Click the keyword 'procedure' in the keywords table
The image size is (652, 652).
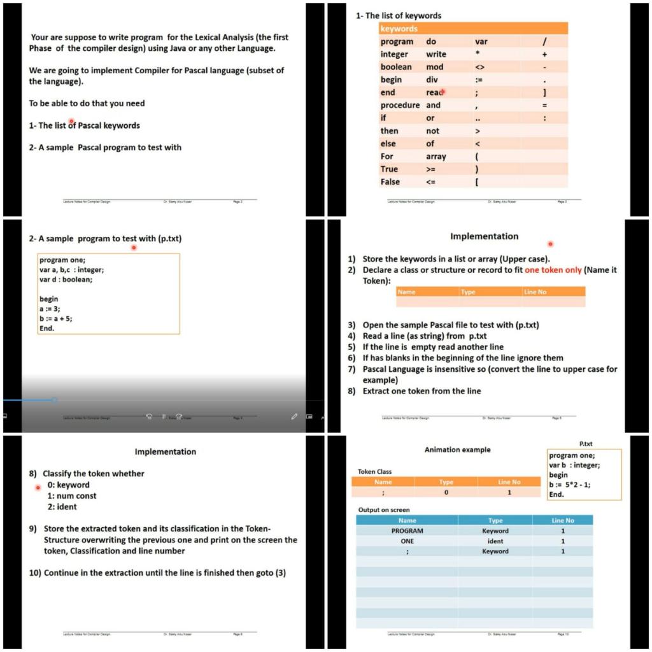(400, 105)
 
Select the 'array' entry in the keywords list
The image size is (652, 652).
(436, 156)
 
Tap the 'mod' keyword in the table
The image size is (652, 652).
(435, 67)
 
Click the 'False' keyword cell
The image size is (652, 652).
(390, 181)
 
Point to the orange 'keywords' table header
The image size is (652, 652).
(399, 29)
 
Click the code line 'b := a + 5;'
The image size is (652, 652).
(55, 318)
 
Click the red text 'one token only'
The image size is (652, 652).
(553, 270)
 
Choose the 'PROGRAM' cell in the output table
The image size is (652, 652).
(407, 530)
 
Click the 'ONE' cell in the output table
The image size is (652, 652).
(407, 541)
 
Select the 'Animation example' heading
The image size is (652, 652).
(457, 450)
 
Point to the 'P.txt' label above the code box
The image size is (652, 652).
(586, 443)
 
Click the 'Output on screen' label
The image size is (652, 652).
(384, 509)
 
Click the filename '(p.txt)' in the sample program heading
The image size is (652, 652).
(170, 238)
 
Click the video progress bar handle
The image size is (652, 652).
(54, 400)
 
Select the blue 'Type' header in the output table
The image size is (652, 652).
(495, 520)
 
